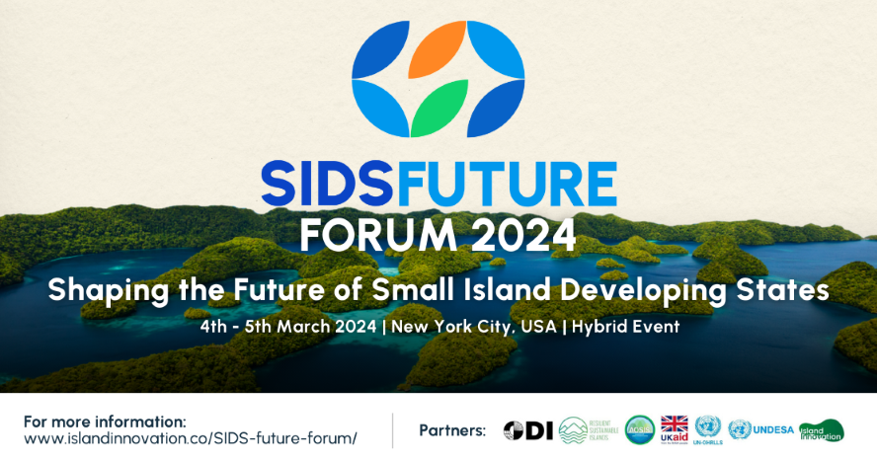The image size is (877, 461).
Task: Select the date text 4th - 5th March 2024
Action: (285, 327)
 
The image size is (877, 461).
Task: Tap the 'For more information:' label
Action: (104, 421)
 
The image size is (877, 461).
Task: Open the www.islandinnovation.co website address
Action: (190, 438)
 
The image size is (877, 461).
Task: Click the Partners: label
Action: (452, 430)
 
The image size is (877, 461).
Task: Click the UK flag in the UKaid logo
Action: (674, 424)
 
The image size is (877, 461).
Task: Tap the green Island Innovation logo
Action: (821, 430)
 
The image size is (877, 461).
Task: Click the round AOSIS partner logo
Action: (640, 430)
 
